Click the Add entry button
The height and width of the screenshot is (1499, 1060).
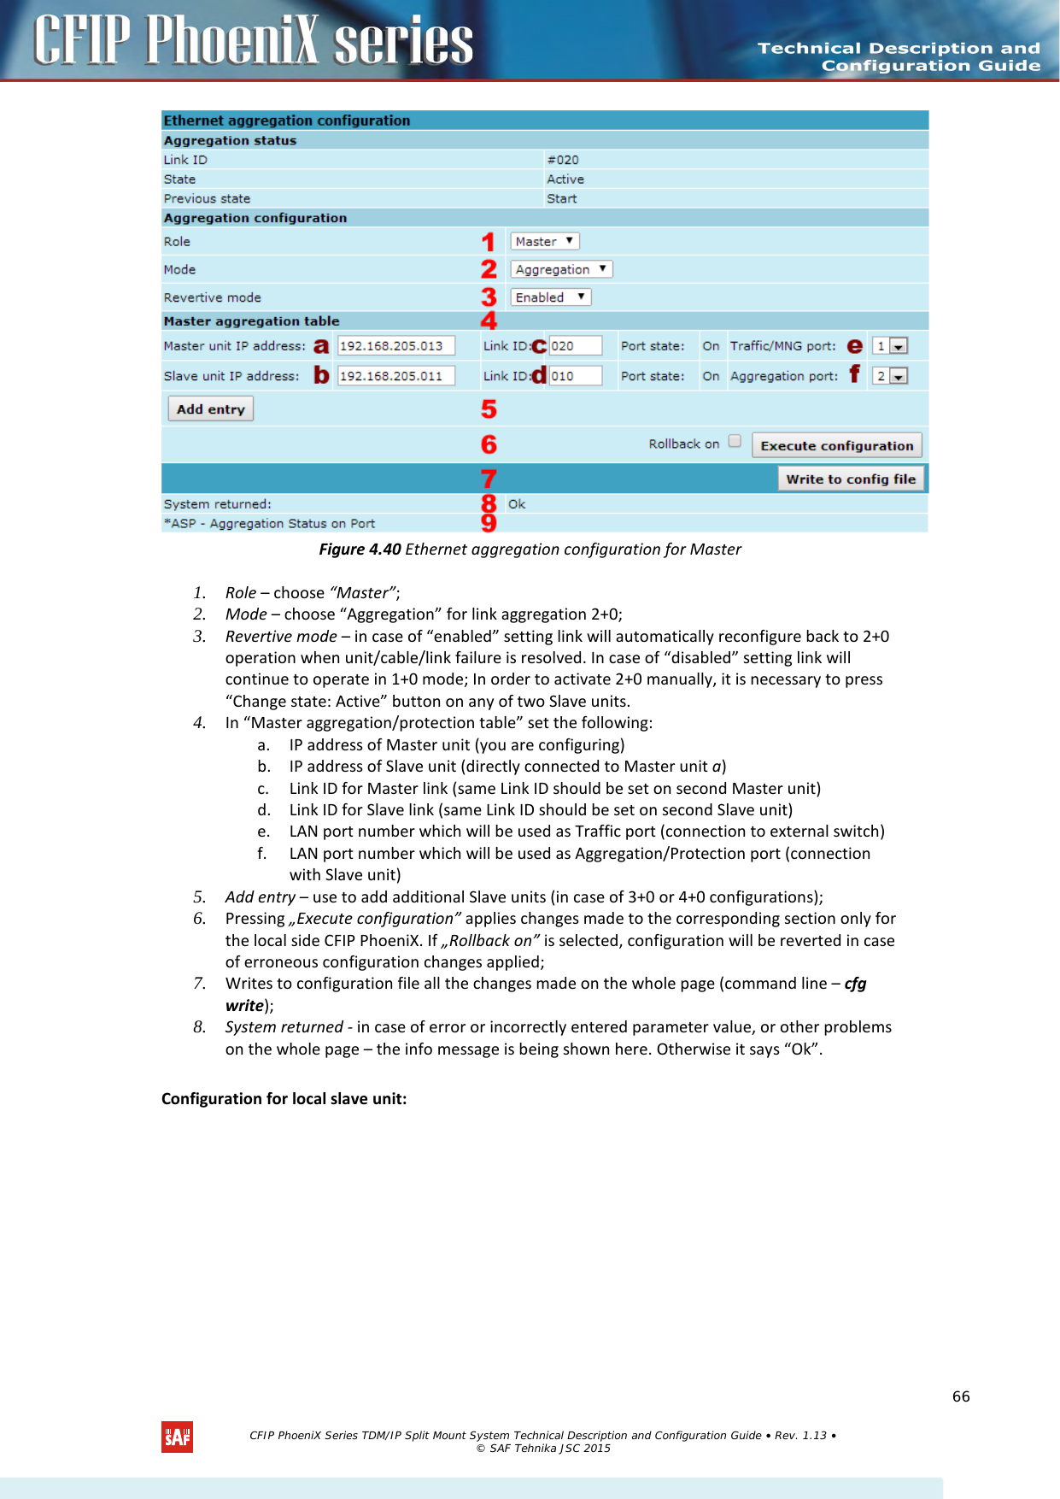point(210,409)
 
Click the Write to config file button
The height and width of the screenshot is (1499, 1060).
point(850,479)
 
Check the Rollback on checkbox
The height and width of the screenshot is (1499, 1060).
point(735,442)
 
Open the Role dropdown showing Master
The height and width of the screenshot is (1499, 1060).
point(545,242)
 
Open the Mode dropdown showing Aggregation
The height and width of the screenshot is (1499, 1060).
point(561,269)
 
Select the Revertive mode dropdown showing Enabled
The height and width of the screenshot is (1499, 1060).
point(551,297)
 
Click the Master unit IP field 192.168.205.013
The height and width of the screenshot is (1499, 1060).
point(395,346)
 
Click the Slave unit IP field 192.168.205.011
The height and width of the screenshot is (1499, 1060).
point(395,376)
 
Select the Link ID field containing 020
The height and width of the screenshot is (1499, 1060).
point(575,346)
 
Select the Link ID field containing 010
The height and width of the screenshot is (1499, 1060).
point(575,376)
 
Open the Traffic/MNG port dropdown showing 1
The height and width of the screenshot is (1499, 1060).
point(890,346)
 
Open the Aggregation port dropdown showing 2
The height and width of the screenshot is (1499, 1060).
point(890,376)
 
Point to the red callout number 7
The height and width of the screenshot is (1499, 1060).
point(489,479)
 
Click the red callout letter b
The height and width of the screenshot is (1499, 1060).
point(321,375)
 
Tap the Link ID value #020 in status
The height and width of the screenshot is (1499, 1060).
point(563,160)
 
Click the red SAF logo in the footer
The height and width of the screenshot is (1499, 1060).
point(177,1437)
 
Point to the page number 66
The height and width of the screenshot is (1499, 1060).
point(961,1396)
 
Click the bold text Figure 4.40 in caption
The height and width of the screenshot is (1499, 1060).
point(360,550)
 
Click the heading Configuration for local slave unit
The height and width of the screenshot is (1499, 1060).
point(284,1099)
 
